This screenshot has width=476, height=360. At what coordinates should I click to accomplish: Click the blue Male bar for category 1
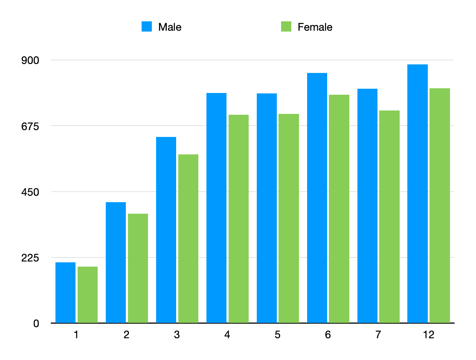(x=65, y=293)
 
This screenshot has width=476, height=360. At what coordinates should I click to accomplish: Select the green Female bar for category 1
(x=87, y=295)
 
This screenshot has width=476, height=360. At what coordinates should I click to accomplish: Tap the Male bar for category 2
(x=116, y=262)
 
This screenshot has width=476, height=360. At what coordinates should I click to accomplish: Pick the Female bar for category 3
(x=188, y=238)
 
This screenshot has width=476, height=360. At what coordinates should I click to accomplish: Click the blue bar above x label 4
(x=216, y=208)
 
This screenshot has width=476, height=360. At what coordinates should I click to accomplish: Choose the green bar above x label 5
(x=289, y=218)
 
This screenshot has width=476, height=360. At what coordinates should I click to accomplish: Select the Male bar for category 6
(x=317, y=198)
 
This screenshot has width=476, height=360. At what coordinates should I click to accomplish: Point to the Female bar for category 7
(x=389, y=216)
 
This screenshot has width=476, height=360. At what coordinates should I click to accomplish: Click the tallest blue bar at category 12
(x=418, y=194)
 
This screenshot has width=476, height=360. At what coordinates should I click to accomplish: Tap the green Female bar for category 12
(x=440, y=205)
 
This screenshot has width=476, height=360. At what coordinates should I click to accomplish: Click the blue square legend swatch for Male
(x=147, y=27)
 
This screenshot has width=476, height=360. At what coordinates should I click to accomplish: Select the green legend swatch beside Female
(x=286, y=27)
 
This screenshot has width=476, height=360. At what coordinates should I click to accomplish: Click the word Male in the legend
(x=170, y=27)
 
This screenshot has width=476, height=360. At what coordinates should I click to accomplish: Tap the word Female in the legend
(x=315, y=27)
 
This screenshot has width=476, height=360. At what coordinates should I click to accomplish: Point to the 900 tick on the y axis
(x=30, y=60)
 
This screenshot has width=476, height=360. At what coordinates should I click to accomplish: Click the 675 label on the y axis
(x=30, y=126)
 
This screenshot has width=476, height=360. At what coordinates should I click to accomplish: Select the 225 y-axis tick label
(x=30, y=258)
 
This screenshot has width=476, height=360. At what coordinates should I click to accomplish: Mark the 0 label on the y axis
(x=36, y=323)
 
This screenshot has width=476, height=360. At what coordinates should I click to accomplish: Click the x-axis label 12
(x=429, y=335)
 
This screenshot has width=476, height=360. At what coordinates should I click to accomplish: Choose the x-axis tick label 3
(x=177, y=335)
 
